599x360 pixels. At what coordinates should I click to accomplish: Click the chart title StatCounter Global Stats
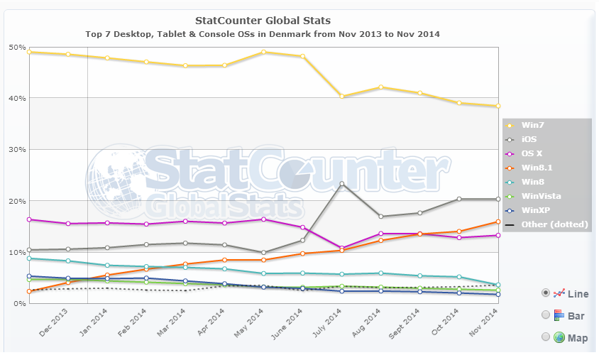(x=262, y=21)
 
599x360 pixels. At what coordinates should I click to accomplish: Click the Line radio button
(x=546, y=293)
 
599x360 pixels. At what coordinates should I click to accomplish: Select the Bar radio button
(x=546, y=315)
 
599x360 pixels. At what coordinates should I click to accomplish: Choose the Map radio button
(x=546, y=337)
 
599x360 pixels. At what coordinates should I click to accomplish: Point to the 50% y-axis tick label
(x=17, y=47)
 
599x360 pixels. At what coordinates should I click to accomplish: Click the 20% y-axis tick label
(x=17, y=201)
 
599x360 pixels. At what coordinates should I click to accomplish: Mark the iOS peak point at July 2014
(x=342, y=184)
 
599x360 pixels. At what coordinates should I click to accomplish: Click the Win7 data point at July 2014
(x=342, y=97)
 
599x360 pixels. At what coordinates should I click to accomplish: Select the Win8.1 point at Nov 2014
(x=498, y=222)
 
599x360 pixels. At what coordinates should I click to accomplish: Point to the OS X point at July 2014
(x=342, y=248)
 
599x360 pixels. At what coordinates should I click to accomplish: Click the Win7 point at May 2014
(x=263, y=52)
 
